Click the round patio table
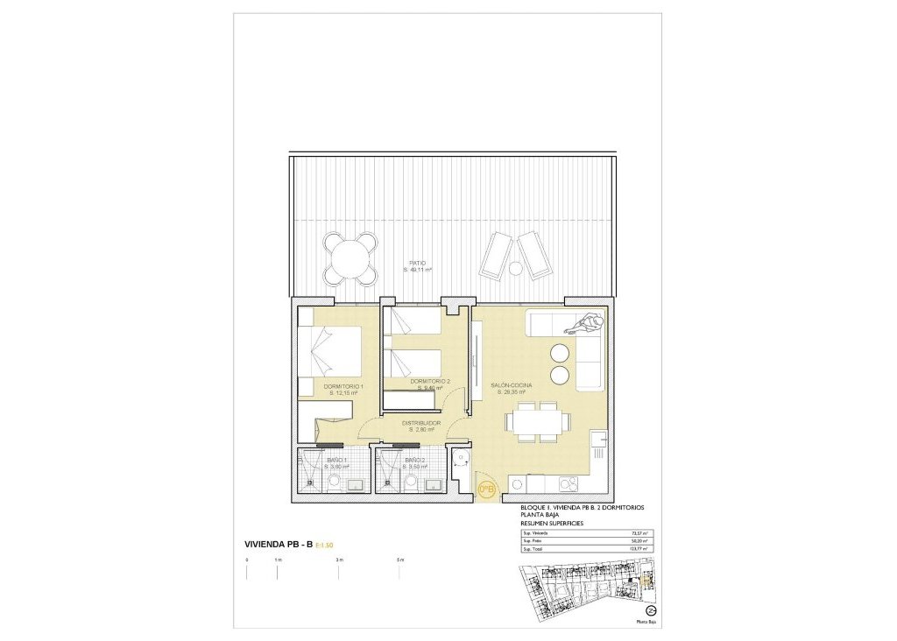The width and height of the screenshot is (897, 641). pyautogui.click(x=352, y=257)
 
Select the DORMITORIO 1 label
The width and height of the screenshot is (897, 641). pyautogui.click(x=343, y=387)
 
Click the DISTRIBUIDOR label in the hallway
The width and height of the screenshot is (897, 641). pyautogui.click(x=420, y=423)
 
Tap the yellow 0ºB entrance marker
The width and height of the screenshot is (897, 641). pyautogui.click(x=486, y=489)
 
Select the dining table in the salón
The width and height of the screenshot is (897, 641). pyautogui.click(x=535, y=424)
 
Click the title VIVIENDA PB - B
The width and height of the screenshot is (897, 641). pyautogui.click(x=279, y=546)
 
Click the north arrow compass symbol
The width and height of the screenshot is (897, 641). pyautogui.click(x=651, y=610)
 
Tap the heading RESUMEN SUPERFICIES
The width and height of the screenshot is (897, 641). pyautogui.click(x=551, y=523)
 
